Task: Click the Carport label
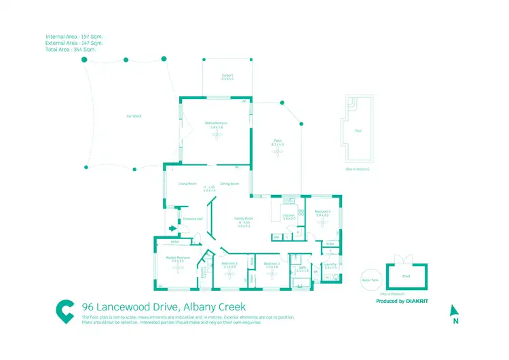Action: click(x=227, y=76)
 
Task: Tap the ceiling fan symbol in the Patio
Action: click(x=277, y=151)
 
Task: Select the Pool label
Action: click(x=358, y=132)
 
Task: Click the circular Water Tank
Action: click(x=370, y=279)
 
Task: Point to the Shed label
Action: click(x=406, y=276)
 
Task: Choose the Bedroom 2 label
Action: click(x=229, y=264)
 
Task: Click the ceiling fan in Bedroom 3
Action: click(x=272, y=275)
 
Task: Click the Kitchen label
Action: click(x=288, y=216)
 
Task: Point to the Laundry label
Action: click(x=331, y=264)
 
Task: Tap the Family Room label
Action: click(x=243, y=219)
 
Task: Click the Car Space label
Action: click(x=133, y=116)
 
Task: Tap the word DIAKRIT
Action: click(x=417, y=301)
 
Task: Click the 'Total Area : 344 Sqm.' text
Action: click(x=71, y=50)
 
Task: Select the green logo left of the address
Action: click(x=65, y=310)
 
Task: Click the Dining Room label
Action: click(x=230, y=183)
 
